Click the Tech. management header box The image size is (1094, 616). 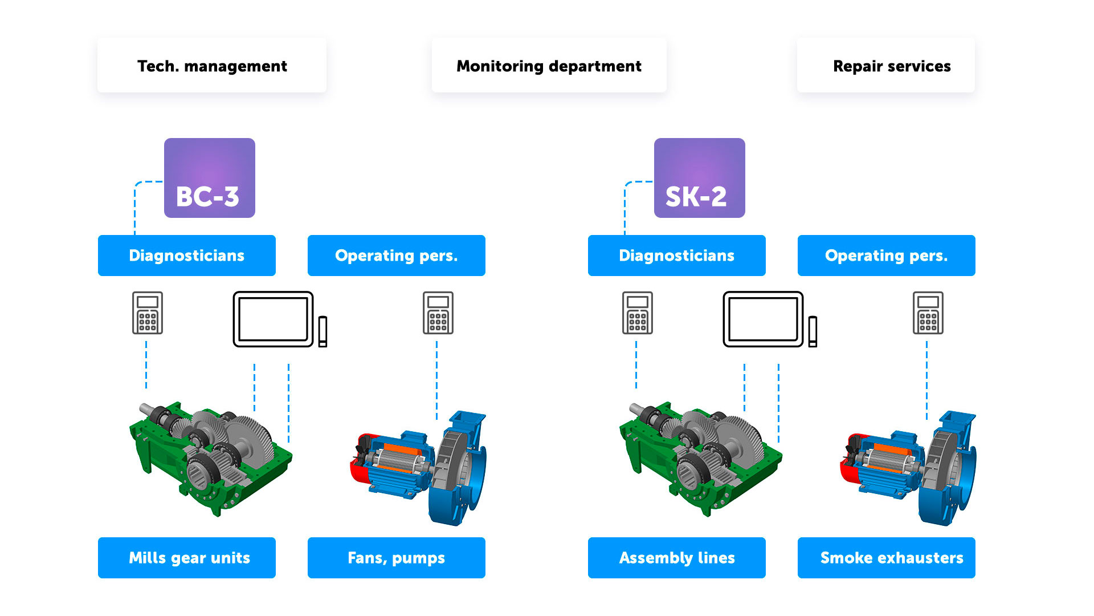click(x=212, y=66)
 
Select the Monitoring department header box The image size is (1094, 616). click(x=549, y=66)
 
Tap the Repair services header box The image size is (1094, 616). click(x=886, y=66)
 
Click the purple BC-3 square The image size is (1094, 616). click(x=210, y=178)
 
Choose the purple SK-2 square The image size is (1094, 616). click(x=700, y=178)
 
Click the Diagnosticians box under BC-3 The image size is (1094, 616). click(x=187, y=256)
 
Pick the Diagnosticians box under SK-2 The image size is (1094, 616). click(x=677, y=256)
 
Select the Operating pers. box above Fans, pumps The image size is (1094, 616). click(x=397, y=256)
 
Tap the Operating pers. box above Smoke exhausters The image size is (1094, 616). click(x=887, y=256)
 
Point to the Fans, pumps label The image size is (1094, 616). click(x=397, y=558)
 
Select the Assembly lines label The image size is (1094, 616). click(x=677, y=558)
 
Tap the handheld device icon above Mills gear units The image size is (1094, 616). click(x=148, y=313)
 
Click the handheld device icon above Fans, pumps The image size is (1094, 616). click(x=438, y=313)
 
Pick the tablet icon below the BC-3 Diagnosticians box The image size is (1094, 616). click(x=273, y=319)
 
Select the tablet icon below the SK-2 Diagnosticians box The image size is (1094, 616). click(x=764, y=319)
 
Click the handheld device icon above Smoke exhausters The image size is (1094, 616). click(x=928, y=313)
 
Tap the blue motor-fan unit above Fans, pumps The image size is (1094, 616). click(x=419, y=468)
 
